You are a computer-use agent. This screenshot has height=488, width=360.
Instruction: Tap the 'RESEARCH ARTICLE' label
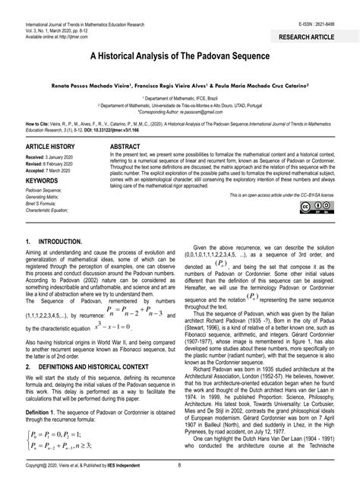pos(316,36)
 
